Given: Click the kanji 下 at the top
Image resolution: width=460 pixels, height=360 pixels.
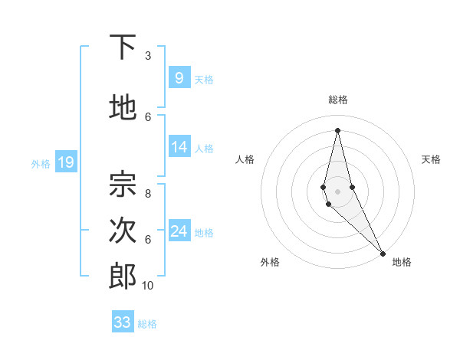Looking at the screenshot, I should click(123, 48).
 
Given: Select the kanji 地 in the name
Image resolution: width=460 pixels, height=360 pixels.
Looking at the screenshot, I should click(123, 108).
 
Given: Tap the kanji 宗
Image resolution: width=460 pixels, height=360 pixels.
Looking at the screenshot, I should click(123, 183).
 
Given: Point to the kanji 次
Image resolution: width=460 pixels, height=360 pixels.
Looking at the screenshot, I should click(123, 231).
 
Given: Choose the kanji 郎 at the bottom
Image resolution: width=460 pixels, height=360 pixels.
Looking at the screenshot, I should click(123, 277).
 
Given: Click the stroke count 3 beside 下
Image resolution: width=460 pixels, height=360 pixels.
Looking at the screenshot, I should click(148, 55).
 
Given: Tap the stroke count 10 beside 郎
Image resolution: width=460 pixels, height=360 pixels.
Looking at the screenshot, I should click(148, 286).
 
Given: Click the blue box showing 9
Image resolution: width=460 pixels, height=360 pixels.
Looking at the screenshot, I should click(179, 77).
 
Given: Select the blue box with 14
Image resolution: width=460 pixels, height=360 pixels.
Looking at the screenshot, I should click(179, 147).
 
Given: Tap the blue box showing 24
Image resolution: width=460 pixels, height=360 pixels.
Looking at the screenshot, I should click(179, 231).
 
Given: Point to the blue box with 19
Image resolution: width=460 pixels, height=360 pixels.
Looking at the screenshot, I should click(65, 162).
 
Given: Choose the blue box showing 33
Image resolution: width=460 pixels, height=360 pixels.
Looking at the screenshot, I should click(123, 322).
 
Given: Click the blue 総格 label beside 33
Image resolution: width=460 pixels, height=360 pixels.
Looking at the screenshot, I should click(147, 324).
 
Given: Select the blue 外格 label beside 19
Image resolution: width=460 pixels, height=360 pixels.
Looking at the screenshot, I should click(41, 163).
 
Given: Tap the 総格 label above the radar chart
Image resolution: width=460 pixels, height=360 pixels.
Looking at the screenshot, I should click(337, 100).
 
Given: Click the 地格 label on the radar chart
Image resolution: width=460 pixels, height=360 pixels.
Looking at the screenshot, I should click(402, 262).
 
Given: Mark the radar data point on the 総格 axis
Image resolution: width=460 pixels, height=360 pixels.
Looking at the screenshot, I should click(337, 130).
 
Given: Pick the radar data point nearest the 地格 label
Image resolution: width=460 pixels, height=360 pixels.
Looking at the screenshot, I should click(383, 253).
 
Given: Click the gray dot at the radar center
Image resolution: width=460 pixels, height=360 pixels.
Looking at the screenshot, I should click(337, 191).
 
